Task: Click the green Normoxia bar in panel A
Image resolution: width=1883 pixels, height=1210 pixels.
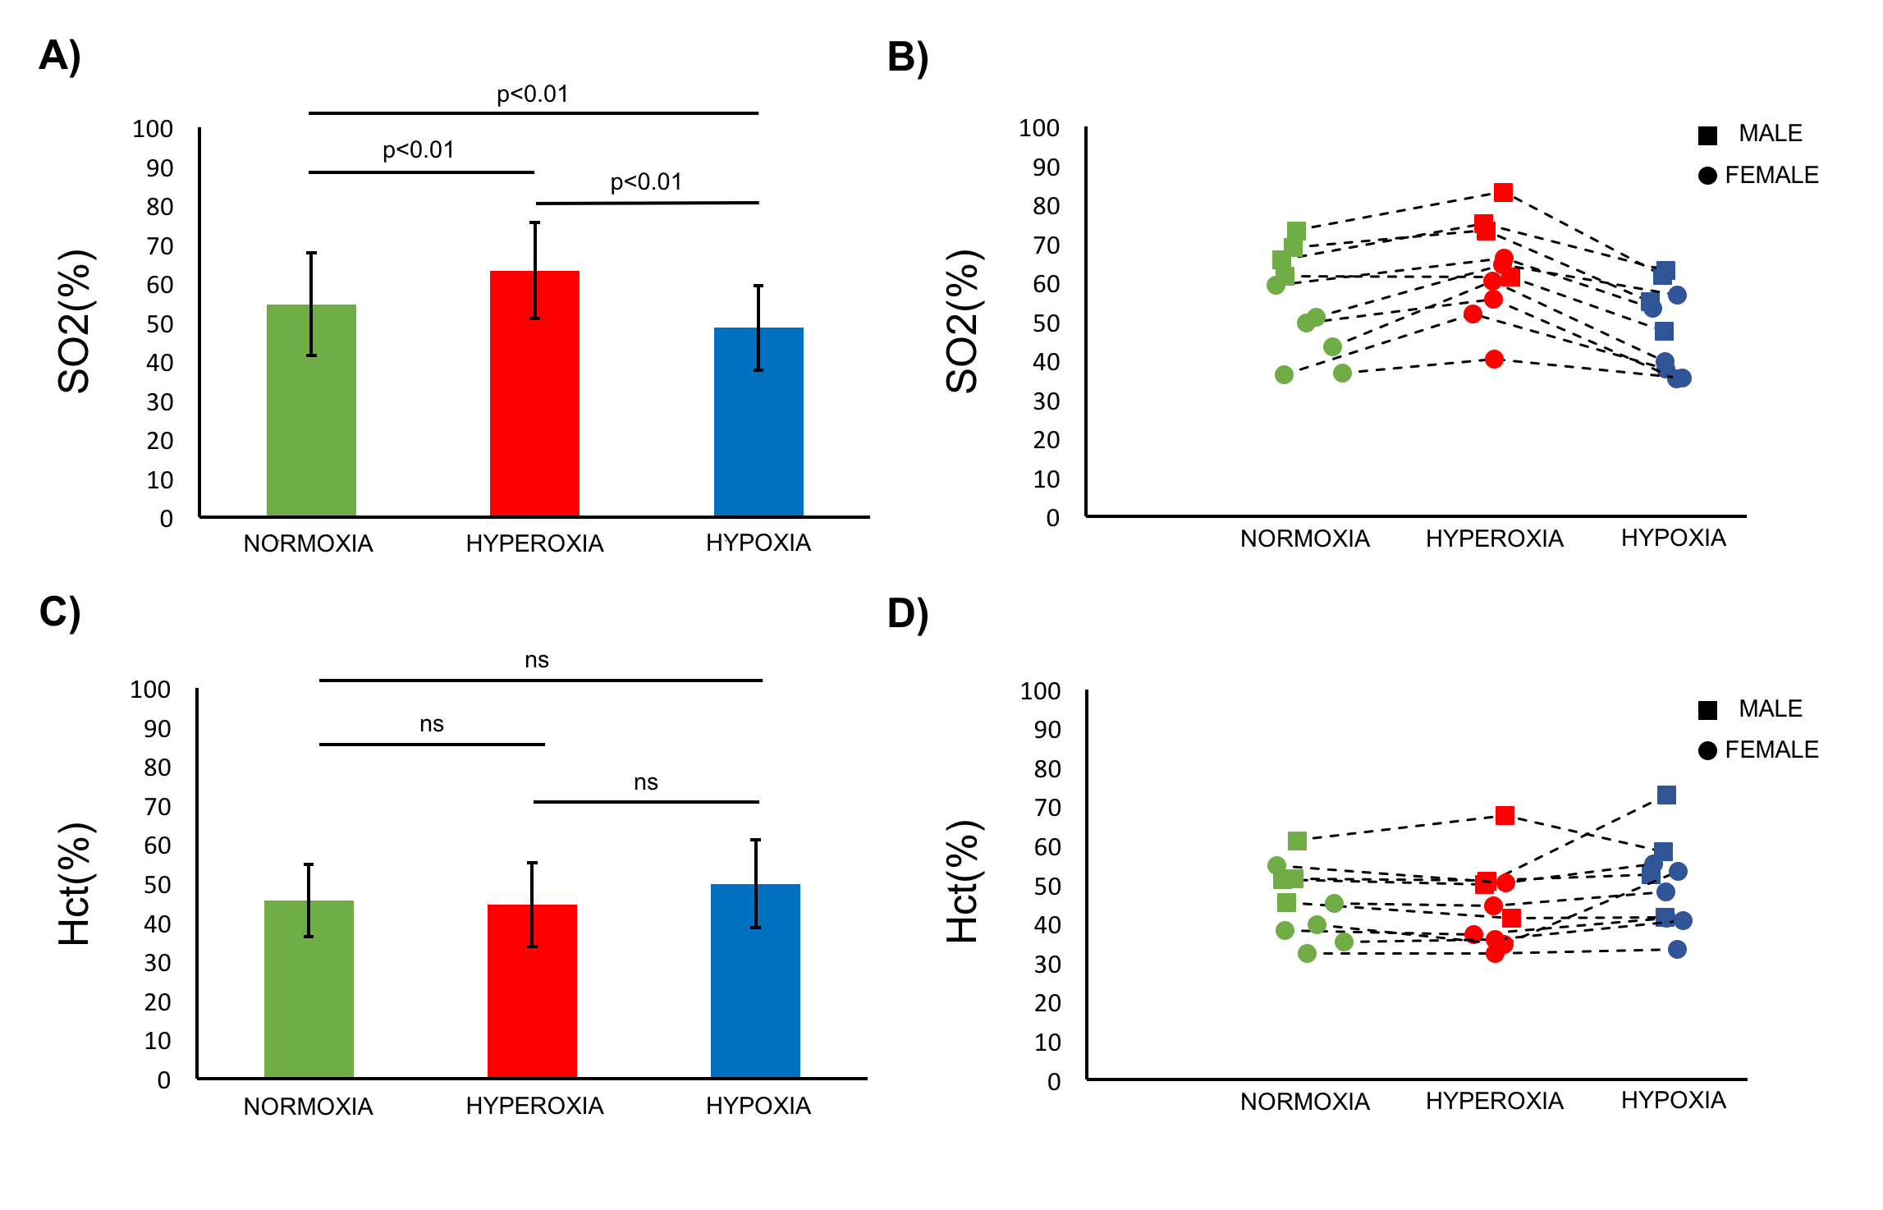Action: click(311, 410)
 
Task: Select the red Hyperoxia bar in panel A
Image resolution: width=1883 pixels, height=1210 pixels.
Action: click(534, 394)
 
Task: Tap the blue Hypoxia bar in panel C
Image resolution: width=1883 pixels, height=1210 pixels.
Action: click(755, 981)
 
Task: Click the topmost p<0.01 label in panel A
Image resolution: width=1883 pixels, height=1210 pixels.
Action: click(532, 94)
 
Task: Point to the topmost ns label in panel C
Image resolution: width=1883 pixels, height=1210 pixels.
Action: click(536, 660)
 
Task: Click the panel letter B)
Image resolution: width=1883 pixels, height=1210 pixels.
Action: click(908, 57)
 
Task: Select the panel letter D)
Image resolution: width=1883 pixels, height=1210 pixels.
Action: click(908, 613)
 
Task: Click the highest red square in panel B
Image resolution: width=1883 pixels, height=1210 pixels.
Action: click(1503, 192)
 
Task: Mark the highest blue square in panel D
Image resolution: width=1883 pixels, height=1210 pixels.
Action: click(1665, 795)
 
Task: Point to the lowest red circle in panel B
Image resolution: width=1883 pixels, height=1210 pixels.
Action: click(1494, 359)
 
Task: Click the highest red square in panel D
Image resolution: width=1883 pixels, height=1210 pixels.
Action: click(1505, 815)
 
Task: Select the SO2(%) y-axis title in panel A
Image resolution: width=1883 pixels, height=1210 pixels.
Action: click(74, 322)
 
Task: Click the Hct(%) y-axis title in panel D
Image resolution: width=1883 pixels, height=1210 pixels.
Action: click(962, 882)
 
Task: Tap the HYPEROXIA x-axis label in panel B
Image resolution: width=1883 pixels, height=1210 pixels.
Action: click(1494, 539)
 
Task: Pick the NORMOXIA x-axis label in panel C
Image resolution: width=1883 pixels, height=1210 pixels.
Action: click(308, 1107)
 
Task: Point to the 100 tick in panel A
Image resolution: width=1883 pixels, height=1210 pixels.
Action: click(153, 129)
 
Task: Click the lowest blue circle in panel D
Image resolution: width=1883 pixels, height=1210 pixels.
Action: click(1677, 949)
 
